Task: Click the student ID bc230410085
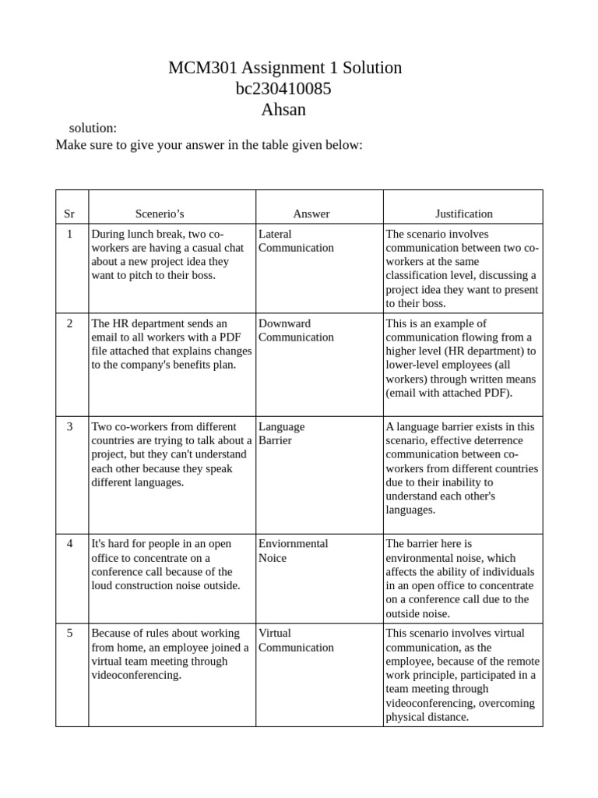(284, 89)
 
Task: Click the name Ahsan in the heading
(284, 110)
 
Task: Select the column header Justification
(463, 214)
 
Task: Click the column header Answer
(311, 214)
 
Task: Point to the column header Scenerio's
(160, 214)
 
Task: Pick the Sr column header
(69, 214)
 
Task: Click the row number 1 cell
(70, 234)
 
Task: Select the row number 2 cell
(70, 323)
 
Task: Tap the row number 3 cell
(70, 427)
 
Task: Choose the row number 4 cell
(70, 544)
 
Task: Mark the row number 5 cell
(70, 634)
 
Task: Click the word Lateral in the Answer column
(275, 234)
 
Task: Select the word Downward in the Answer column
(284, 323)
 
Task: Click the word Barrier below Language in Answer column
(275, 441)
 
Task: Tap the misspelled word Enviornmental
(294, 544)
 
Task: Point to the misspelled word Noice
(273, 558)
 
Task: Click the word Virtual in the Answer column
(275, 634)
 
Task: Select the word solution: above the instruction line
(93, 128)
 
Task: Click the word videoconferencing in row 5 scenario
(135, 676)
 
